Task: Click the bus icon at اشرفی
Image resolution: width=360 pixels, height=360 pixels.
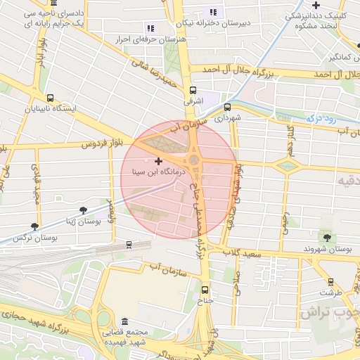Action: click(193, 90)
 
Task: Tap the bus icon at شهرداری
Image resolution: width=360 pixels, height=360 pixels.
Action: click(227, 108)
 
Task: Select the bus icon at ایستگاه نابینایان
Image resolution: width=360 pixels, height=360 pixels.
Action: click(49, 98)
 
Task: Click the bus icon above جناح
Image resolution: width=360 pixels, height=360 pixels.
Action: click(205, 289)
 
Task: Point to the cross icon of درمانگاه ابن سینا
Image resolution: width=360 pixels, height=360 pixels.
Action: click(158, 161)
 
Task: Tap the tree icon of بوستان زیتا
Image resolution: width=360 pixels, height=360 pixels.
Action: click(84, 210)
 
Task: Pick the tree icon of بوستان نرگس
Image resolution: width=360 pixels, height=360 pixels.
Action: click(34, 226)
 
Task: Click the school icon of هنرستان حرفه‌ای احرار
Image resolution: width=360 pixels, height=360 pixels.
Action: click(150, 28)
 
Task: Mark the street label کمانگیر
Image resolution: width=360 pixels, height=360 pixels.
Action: click(339, 55)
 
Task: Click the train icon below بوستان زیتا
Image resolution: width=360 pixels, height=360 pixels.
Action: click(128, 245)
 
